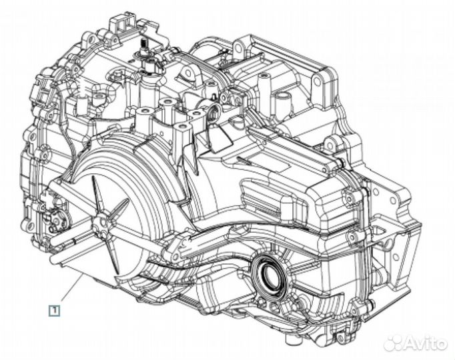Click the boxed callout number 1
point(53,310)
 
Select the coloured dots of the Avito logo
point(395,343)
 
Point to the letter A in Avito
point(414,343)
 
